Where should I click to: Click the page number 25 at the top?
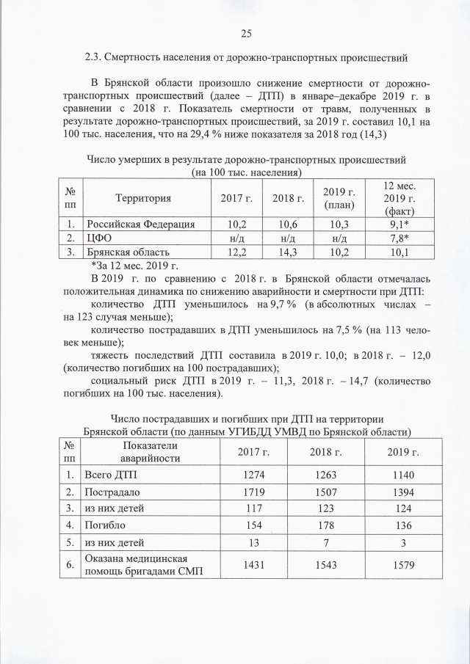246,32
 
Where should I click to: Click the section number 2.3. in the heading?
95,56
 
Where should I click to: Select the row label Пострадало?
114,491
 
